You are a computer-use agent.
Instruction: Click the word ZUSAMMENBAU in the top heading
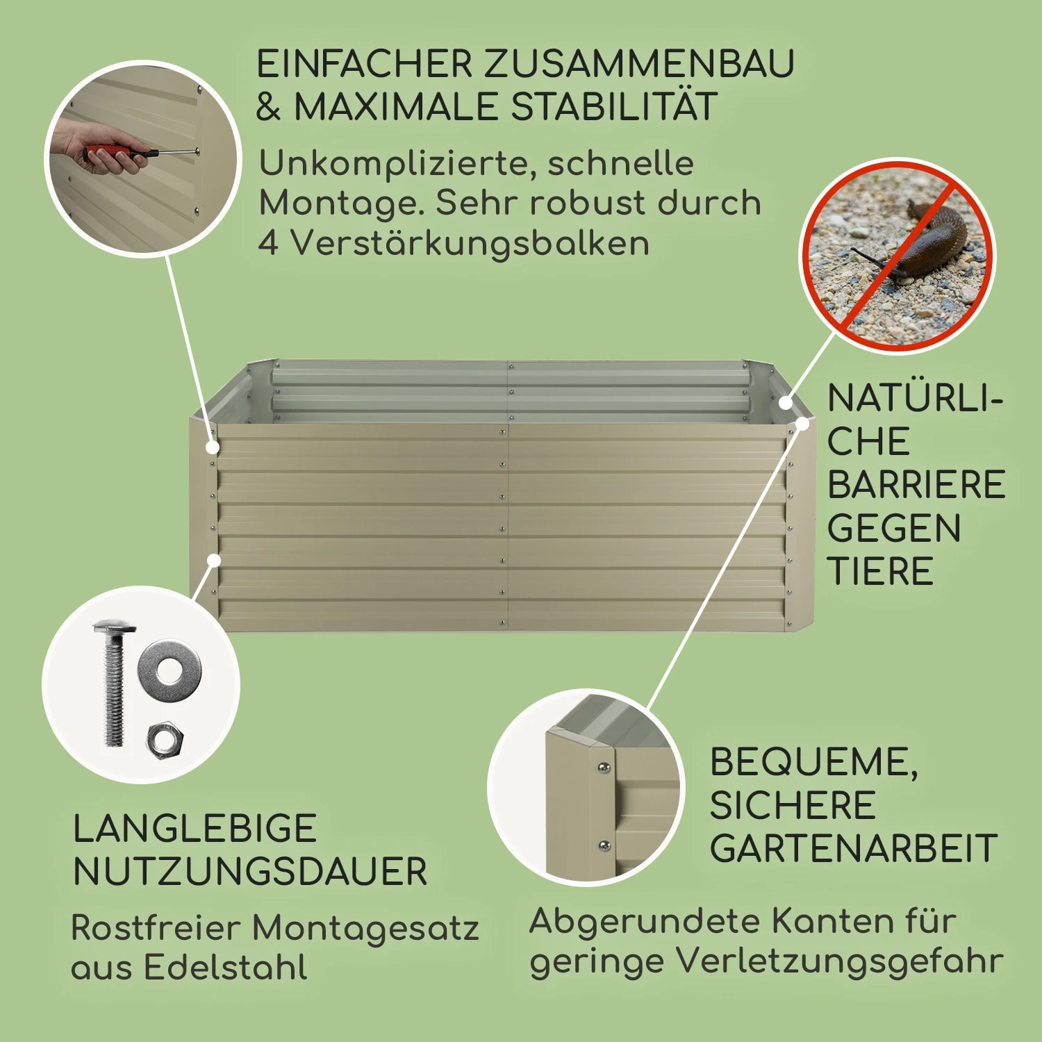point(638,64)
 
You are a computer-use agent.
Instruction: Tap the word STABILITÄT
point(613,107)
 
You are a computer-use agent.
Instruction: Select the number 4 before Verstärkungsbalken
point(268,243)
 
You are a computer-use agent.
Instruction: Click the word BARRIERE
point(916,485)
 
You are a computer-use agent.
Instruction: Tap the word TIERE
point(880,571)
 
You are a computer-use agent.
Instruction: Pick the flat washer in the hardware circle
point(169,671)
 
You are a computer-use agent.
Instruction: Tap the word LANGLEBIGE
point(195,829)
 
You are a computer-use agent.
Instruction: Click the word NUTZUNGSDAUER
point(250,872)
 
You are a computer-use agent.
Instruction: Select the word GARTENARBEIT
point(854,848)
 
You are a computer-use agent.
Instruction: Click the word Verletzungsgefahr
point(840,962)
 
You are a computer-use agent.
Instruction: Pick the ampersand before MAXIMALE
point(268,108)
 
